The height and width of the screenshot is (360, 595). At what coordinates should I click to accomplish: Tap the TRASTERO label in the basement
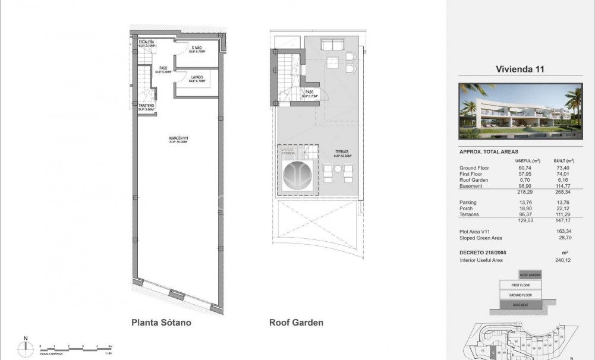coord(147,108)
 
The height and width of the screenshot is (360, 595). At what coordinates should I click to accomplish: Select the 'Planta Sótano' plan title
coord(160,323)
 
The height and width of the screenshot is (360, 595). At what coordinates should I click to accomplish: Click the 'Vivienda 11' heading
coord(520,69)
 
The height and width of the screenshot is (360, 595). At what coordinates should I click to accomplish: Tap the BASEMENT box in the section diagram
coord(521,305)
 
